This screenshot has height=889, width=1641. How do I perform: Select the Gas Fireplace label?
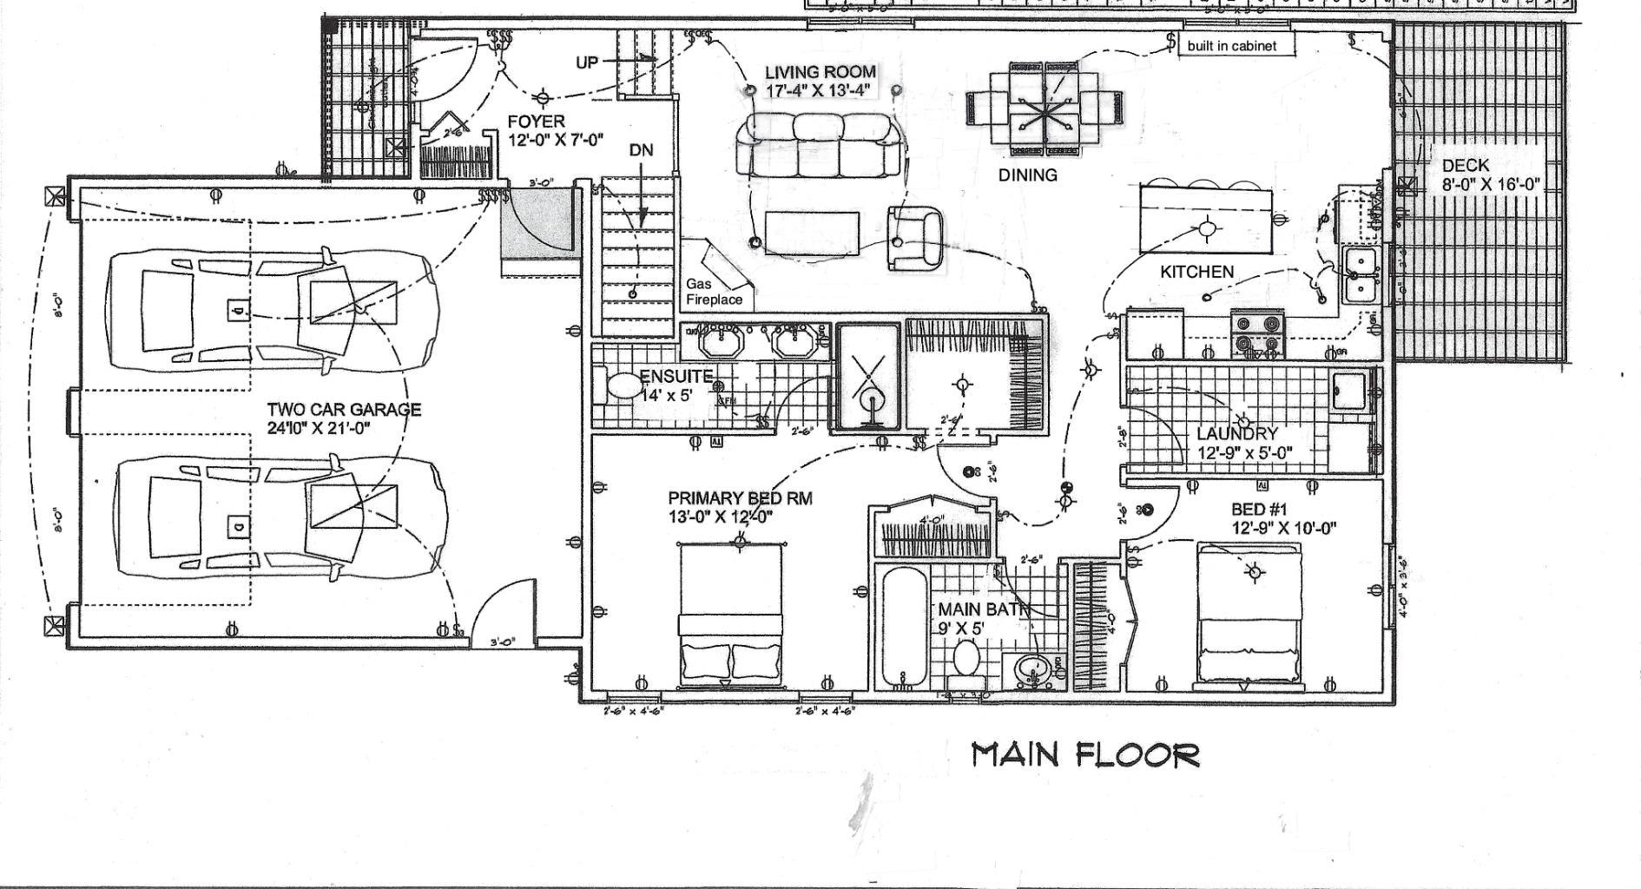[x=714, y=292]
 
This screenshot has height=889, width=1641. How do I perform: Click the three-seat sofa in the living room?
[x=817, y=148]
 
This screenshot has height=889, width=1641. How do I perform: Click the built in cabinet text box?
[x=1231, y=46]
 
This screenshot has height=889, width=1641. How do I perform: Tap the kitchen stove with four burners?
[x=1257, y=334]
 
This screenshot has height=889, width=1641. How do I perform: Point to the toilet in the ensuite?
[x=620, y=385]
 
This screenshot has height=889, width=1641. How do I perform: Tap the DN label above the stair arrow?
[x=641, y=151]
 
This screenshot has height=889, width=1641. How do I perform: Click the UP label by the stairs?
[x=588, y=63]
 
